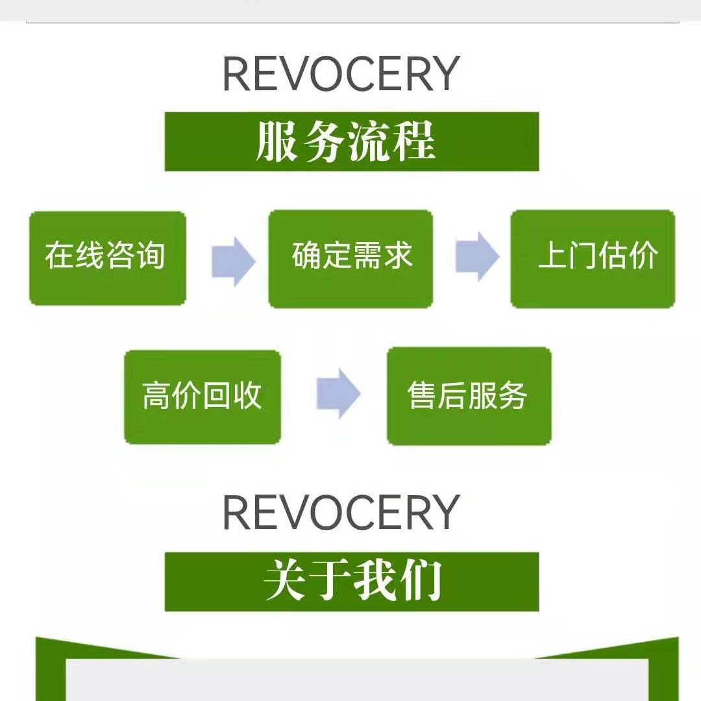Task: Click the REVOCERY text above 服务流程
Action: pyautogui.click(x=341, y=74)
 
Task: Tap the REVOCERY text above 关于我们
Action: pyautogui.click(x=341, y=512)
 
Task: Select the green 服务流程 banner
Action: pyautogui.click(x=352, y=141)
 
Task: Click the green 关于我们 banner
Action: pyautogui.click(x=352, y=582)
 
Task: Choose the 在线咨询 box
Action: pyautogui.click(x=108, y=258)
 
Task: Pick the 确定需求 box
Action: pyautogui.click(x=350, y=259)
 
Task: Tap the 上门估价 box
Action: pyautogui.click(x=593, y=259)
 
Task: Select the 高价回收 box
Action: pyautogui.click(x=203, y=397)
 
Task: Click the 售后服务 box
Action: pyautogui.click(x=469, y=396)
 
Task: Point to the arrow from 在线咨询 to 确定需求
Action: pyautogui.click(x=234, y=262)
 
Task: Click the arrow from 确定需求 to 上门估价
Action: pyautogui.click(x=477, y=256)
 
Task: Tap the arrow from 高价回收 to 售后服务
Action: pyautogui.click(x=338, y=393)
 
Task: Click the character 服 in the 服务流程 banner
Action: pyautogui.click(x=277, y=141)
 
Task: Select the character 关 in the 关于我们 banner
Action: pyautogui.click(x=284, y=581)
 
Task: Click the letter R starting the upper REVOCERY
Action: pyautogui.click(x=237, y=74)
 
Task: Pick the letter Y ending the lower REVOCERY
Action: pyautogui.click(x=444, y=512)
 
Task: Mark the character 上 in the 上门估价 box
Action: pyautogui.click(x=552, y=255)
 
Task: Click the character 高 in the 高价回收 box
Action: pyautogui.click(x=156, y=395)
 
